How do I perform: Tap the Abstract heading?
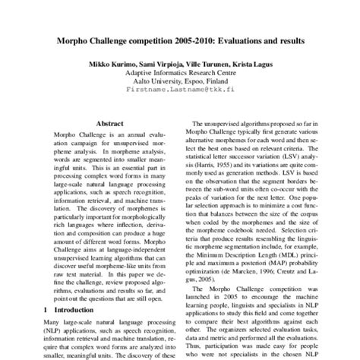[111, 122]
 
